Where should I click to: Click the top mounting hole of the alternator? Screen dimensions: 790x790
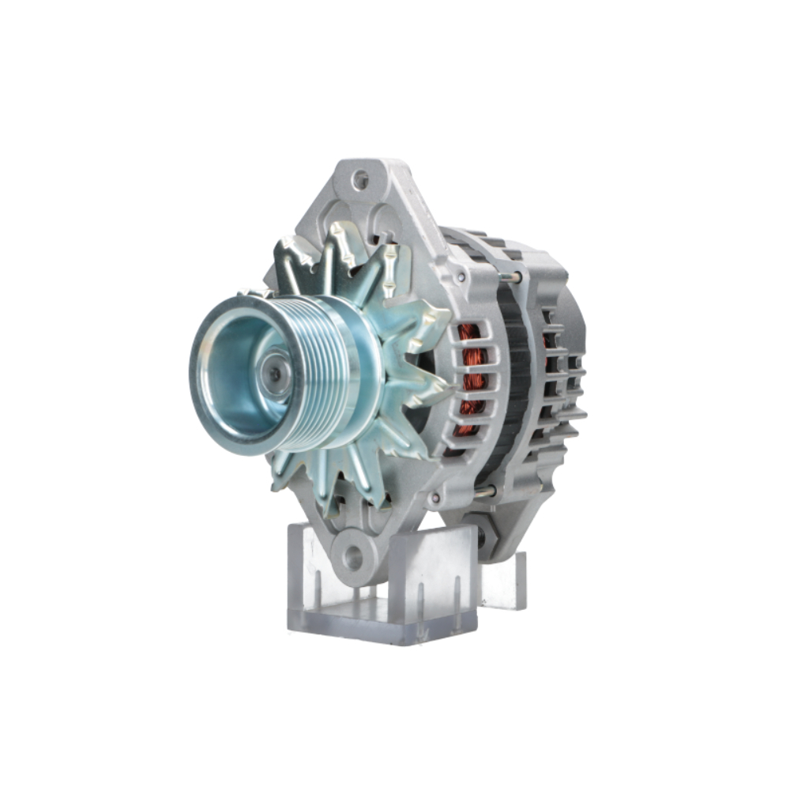(360, 180)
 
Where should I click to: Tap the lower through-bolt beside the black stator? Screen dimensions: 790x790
(483, 491)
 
